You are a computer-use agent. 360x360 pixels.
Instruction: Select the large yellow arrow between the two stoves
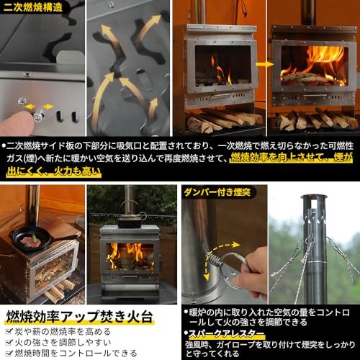pyautogui.click(x=264, y=64)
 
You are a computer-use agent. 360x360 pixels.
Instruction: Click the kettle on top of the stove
pyautogui.click(x=131, y=219)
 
